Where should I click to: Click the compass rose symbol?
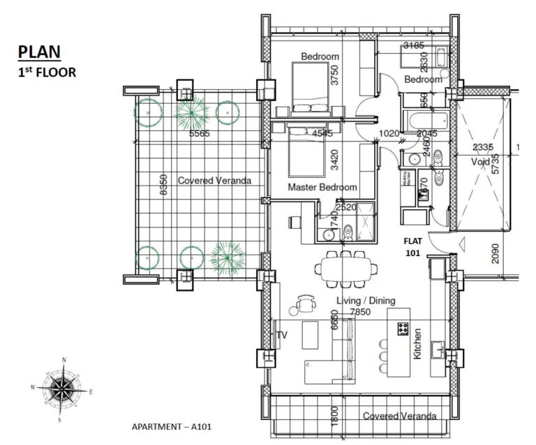click(x=64, y=389)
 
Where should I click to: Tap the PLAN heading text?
click(x=39, y=51)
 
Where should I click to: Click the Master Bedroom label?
click(x=322, y=187)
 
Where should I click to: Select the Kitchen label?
click(x=417, y=344)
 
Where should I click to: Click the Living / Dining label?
click(x=366, y=301)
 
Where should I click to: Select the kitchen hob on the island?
click(x=403, y=329)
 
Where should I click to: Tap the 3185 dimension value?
click(x=414, y=47)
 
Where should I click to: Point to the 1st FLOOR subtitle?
click(x=47, y=71)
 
